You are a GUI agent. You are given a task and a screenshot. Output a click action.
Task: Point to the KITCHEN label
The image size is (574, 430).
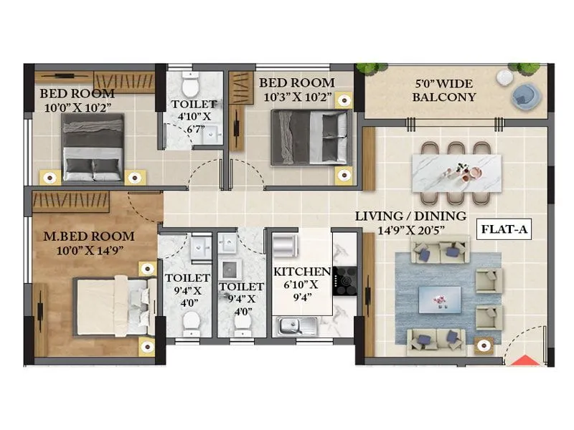(301, 272)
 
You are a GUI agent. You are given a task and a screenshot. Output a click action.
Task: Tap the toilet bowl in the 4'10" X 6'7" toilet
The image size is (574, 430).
(190, 85)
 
